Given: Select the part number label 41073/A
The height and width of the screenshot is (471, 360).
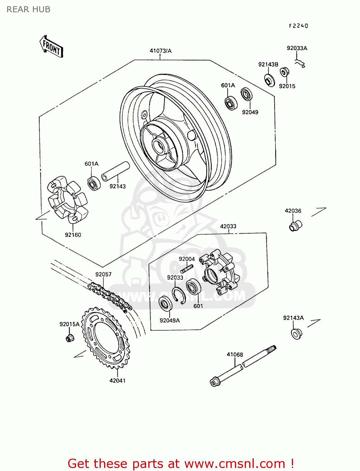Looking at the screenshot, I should [161, 51].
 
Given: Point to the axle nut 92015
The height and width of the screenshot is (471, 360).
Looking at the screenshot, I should [284, 72].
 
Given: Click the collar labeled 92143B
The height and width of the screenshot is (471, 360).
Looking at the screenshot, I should [269, 80].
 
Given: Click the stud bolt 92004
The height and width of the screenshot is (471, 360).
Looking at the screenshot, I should [187, 269].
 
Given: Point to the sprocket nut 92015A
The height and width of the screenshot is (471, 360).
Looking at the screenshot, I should [70, 338].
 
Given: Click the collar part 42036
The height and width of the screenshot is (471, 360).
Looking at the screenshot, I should [295, 226].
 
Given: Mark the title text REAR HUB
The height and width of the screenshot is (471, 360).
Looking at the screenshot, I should [29, 10].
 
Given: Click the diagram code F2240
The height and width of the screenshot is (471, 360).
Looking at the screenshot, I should [298, 26].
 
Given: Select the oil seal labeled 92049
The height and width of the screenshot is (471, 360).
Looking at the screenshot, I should [247, 95].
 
